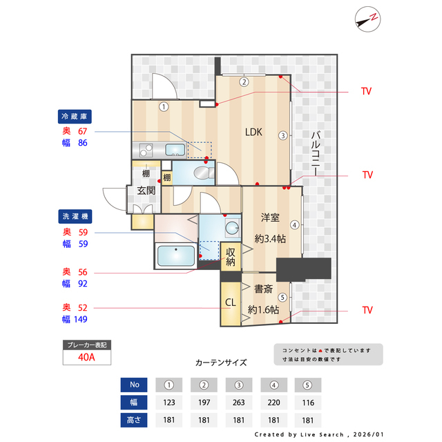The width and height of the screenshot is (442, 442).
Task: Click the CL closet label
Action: point(230,302)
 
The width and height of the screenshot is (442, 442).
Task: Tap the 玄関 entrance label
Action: point(145,191)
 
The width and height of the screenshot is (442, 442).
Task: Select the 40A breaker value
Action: point(86,357)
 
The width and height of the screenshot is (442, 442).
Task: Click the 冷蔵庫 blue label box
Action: point(75,116)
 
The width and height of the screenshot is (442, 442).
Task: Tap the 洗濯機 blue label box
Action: point(75,216)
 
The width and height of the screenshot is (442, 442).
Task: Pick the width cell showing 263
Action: point(240,403)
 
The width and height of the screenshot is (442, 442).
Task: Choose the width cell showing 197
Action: point(204,403)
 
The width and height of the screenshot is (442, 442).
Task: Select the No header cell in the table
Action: point(135,385)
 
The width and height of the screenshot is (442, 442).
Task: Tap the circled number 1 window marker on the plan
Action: point(164,106)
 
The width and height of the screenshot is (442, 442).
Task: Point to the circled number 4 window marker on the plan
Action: point(294,224)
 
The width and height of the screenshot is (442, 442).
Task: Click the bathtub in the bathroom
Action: point(176,256)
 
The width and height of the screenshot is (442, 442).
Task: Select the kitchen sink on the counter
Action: point(175,149)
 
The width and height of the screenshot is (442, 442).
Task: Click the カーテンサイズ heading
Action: point(221,362)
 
